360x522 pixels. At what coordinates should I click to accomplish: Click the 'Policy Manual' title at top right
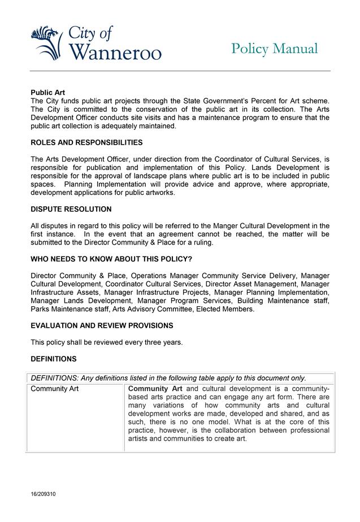pyautogui.click(x=274, y=49)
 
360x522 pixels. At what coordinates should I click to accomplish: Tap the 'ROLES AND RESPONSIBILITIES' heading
pyautogui.click(x=86, y=142)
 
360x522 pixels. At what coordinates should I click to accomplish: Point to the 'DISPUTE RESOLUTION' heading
pyautogui.click(x=71, y=209)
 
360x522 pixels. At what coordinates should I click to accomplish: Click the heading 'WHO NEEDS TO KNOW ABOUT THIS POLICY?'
pyautogui.click(x=111, y=259)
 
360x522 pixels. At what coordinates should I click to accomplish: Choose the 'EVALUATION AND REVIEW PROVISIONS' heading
pyautogui.click(x=102, y=325)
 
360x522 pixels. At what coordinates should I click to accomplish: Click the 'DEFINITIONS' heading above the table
pyautogui.click(x=54, y=359)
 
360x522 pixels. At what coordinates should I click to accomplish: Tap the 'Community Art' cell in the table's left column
pyautogui.click(x=55, y=389)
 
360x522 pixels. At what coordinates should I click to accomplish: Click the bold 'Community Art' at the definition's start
pyautogui.click(x=155, y=389)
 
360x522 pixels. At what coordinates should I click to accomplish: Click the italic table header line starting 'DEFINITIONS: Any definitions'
pyautogui.click(x=168, y=378)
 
